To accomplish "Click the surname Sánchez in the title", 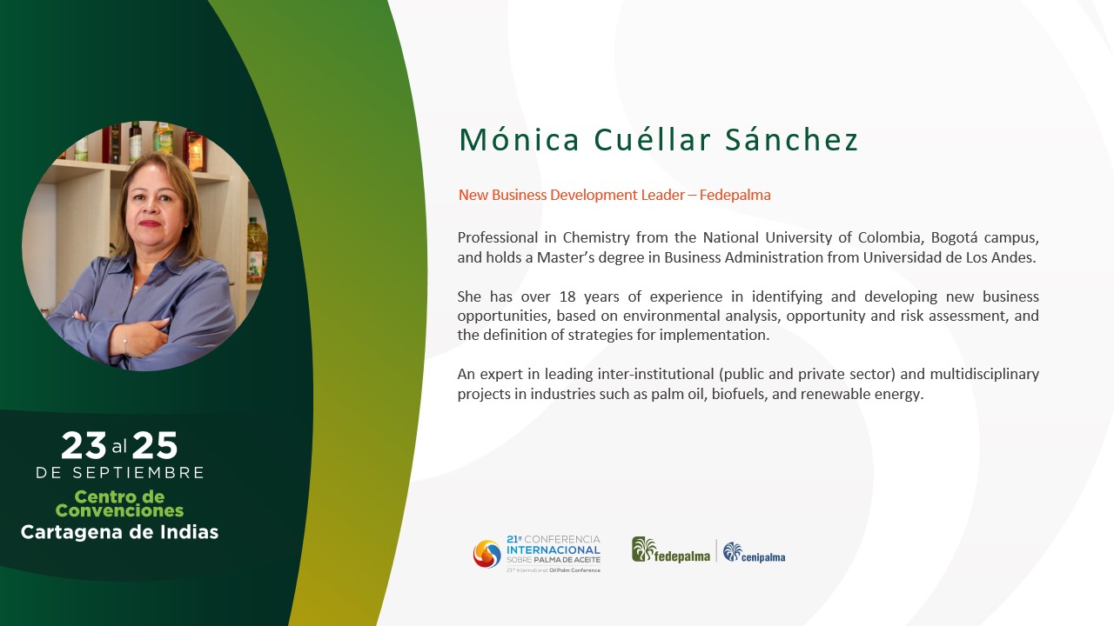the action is point(791,140).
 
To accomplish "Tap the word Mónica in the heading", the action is point(520,140).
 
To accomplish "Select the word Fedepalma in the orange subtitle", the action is point(735,195).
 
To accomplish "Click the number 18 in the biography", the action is point(567,296).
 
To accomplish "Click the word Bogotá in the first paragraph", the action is point(952,238).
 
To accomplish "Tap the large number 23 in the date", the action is point(84,445).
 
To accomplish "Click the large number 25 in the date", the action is point(155,445).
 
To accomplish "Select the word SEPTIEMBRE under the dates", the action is point(138,472).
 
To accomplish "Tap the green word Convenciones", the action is point(119,510).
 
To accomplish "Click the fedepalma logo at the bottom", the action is point(671,550).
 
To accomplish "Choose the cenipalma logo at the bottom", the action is point(754,552).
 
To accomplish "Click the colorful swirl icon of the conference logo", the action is point(487,554).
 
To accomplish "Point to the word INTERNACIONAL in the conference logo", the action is point(554,550).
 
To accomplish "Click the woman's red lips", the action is point(149,223).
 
